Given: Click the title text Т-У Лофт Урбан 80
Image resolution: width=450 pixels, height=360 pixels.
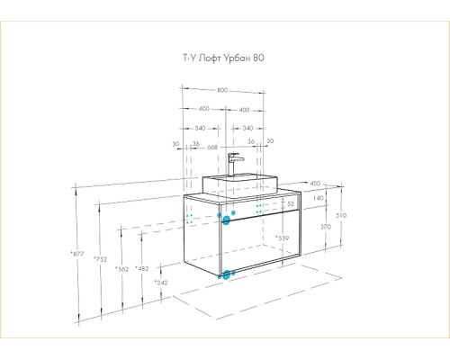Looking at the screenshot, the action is [x=223, y=58].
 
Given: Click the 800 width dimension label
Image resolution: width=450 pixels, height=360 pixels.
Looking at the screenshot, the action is [x=222, y=90].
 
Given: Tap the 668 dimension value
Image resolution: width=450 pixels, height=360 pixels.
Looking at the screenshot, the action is [x=212, y=148].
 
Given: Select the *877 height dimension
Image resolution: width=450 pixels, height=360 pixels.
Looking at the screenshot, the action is [x=77, y=254].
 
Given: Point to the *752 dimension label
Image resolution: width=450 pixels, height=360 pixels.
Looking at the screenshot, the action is [x=100, y=258].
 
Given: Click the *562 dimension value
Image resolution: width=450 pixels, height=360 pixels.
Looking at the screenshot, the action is [x=121, y=269].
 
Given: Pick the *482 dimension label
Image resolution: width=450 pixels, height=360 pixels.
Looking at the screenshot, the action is [x=141, y=268].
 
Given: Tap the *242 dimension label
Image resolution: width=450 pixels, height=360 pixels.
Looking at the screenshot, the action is [x=161, y=283].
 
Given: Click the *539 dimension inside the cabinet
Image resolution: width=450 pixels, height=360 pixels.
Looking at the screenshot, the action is [x=283, y=238].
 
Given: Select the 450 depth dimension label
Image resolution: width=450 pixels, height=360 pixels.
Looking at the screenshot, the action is [x=315, y=183].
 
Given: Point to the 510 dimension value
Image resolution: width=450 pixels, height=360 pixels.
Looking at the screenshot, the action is [x=341, y=215].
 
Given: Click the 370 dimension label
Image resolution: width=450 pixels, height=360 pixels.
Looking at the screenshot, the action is [x=326, y=227].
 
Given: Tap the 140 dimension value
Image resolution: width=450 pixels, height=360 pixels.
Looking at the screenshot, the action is [x=318, y=198].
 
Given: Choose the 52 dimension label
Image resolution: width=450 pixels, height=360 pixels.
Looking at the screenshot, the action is [x=291, y=204].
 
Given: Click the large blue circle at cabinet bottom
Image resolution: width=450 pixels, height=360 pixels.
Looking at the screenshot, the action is [x=227, y=274].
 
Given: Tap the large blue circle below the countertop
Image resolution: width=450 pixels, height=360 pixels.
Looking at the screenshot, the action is [x=226, y=220].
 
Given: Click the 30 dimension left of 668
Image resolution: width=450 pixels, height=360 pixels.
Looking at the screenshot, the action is [x=175, y=144].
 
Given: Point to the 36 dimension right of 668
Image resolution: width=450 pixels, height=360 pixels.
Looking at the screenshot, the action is [x=251, y=141].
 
